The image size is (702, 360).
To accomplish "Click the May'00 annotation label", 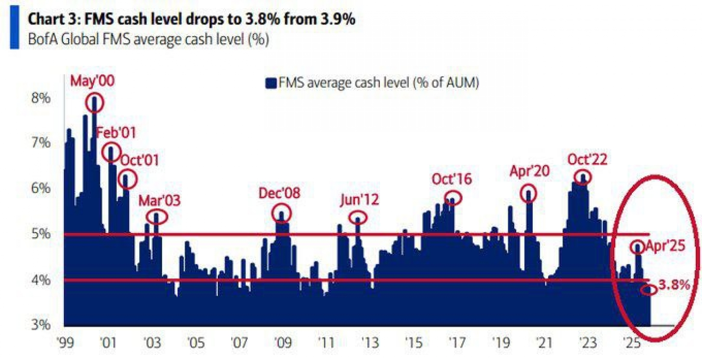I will tap(92, 81).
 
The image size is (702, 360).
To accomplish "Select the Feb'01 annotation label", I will tap(116, 132).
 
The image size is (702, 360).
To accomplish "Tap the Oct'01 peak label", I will tap(139, 160).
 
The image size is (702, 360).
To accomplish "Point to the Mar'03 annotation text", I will tap(159, 201).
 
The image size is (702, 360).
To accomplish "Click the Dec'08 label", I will tap(279, 193).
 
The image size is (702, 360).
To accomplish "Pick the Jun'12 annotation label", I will tap(359, 200).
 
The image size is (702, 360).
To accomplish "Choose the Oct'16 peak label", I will tap(452, 179).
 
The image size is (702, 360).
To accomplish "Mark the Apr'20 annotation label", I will tap(530, 171).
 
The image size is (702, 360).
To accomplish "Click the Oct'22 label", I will tap(587, 159).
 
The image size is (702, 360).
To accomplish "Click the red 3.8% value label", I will tap(674, 284).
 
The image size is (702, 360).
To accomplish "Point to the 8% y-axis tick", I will tap(41, 98).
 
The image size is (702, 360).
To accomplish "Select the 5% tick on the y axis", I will tap(41, 234).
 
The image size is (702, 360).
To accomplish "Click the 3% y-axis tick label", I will tap(41, 325).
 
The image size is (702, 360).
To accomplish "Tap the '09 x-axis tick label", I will tap(283, 343).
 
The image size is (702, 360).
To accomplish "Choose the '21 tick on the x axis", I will tap(544, 343).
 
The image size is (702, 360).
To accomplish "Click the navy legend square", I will tap(271, 83).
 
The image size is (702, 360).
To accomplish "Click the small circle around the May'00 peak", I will tap(95, 103).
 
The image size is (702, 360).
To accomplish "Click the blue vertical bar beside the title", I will tap(14, 27).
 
